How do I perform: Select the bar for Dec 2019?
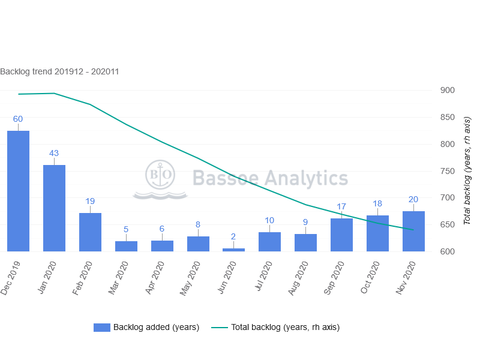click(18, 191)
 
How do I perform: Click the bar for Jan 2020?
click(54, 208)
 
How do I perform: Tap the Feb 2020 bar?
click(90, 232)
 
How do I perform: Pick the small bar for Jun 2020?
click(233, 250)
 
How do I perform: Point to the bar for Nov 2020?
click(413, 231)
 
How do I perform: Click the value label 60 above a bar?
click(18, 119)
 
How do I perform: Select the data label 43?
click(54, 153)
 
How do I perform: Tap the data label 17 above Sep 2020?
click(341, 206)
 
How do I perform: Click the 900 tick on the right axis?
click(447, 91)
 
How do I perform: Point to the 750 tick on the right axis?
click(447, 171)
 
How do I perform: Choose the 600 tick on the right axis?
click(447, 251)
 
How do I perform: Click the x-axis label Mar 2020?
click(118, 277)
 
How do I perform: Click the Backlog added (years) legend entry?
click(146, 327)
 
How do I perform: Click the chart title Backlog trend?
click(59, 71)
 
